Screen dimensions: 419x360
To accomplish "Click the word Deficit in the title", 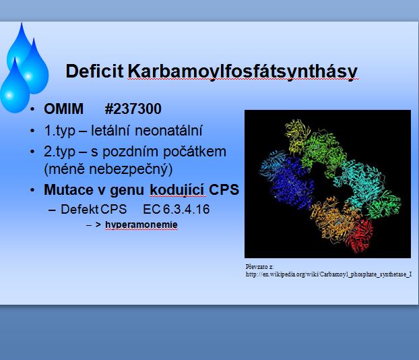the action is click(94, 71).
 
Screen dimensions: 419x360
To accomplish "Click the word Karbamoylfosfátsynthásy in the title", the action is click(243, 71).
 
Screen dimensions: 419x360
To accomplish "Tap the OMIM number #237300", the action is click(133, 109).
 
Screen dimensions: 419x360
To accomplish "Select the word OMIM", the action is click(63, 109).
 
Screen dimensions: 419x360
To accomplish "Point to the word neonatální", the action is click(168, 131).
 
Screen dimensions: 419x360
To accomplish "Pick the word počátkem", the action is click(195, 152).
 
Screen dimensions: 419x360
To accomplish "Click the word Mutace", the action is click(69, 189).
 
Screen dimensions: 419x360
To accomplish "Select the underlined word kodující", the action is click(177, 190).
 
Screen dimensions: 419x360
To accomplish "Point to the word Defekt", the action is click(79, 209).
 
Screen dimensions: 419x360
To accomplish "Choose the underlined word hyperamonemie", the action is click(141, 225).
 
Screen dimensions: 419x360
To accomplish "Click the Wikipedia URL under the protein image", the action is click(329, 274).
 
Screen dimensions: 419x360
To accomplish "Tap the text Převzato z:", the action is click(259, 267).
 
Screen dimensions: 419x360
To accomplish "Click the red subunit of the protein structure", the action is click(360, 236).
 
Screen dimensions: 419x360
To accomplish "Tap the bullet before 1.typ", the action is click(32, 131).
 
